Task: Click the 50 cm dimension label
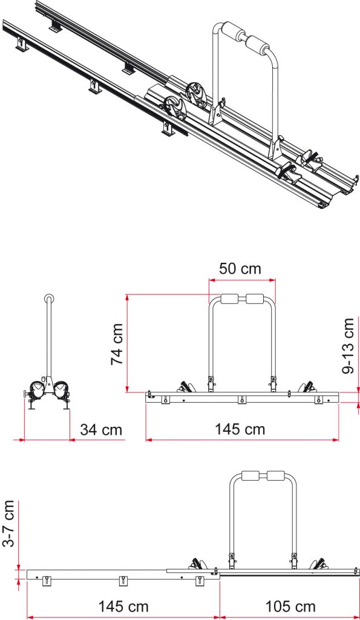coord(240,268)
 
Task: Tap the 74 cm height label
coord(117,344)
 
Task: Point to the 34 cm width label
coord(101,429)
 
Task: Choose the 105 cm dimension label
coord(290,606)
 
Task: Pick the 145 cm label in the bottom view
coord(123,606)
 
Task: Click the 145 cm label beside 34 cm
coord(240,429)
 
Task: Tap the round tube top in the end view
coord(49,298)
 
